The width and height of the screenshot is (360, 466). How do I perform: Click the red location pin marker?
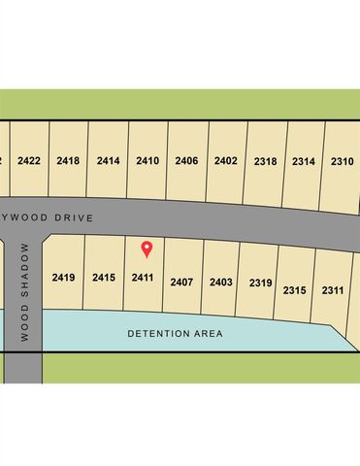click(147, 249)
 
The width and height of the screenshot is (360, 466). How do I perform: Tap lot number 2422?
click(29, 160)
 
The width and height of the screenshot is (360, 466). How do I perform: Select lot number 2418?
click(68, 160)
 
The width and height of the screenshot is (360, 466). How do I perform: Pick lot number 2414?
click(108, 160)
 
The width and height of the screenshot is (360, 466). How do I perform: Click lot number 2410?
click(147, 160)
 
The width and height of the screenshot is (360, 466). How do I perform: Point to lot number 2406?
click(186, 160)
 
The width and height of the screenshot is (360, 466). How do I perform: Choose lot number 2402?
click(225, 160)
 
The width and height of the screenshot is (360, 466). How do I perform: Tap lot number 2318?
click(265, 161)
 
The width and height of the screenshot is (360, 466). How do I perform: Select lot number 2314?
click(304, 161)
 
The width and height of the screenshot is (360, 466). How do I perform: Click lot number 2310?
click(342, 161)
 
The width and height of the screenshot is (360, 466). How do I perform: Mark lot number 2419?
click(64, 278)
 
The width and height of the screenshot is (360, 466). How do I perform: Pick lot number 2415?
click(104, 278)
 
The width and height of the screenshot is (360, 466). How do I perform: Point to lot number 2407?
click(181, 282)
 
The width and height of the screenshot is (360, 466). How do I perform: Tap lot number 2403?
click(220, 283)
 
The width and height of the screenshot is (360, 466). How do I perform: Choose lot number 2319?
click(260, 283)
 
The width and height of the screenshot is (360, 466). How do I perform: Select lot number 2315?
click(295, 290)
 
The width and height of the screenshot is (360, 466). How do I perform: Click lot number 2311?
click(333, 290)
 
